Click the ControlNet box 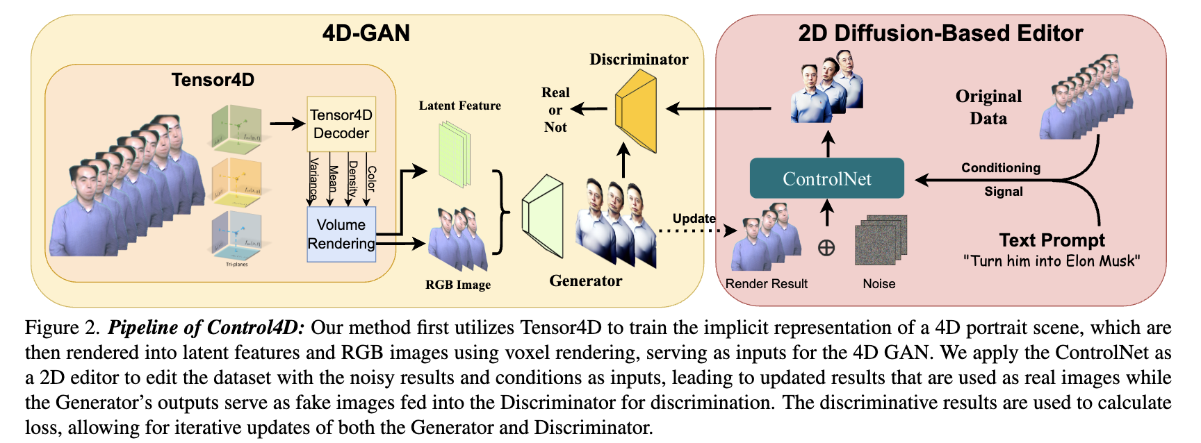click(x=826, y=178)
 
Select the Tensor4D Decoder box click(x=341, y=124)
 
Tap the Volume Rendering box click(x=341, y=234)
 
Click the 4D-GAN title click(x=366, y=33)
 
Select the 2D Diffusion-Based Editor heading click(x=940, y=33)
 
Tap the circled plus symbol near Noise click(x=826, y=247)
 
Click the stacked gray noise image click(x=881, y=240)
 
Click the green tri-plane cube click(x=236, y=128)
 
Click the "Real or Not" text click(x=555, y=110)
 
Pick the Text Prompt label click(x=1052, y=240)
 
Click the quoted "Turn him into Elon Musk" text click(x=1052, y=261)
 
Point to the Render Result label click(x=766, y=284)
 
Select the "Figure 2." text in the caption click(x=63, y=328)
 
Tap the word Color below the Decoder click(x=371, y=178)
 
